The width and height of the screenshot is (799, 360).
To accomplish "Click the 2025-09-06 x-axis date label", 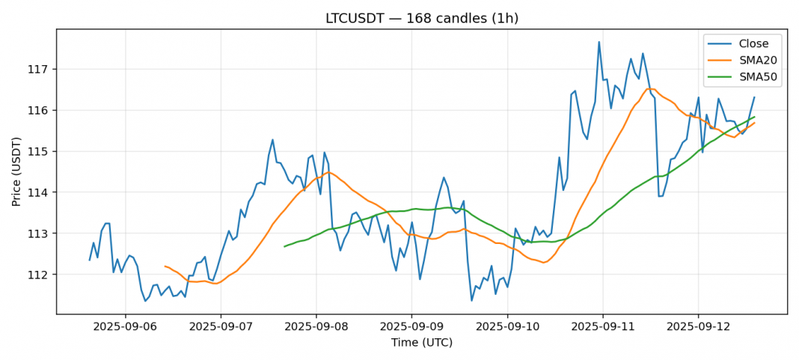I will click(126, 326).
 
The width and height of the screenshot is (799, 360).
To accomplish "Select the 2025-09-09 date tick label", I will click(411, 326).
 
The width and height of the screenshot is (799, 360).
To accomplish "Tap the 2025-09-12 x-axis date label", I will click(697, 326).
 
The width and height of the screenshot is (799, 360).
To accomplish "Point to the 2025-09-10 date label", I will click(507, 326).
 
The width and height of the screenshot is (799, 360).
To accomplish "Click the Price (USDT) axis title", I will click(16, 171).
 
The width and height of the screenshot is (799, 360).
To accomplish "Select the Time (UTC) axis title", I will click(421, 342).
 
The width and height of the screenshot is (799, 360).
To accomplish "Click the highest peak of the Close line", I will click(599, 42).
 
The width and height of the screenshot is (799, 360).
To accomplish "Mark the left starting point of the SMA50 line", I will click(284, 246).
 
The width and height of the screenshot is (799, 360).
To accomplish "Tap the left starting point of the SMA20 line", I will click(165, 266).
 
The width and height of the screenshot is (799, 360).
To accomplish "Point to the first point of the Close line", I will click(90, 260).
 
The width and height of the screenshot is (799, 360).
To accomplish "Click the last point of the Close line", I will click(754, 97).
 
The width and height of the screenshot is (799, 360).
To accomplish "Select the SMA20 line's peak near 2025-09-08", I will click(328, 173).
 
